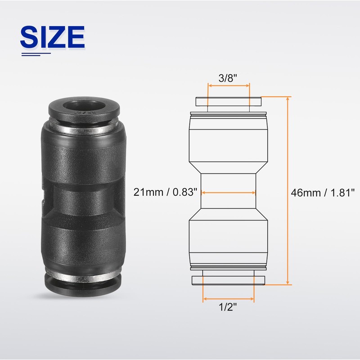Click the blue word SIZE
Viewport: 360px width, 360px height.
pyautogui.click(x=53, y=37)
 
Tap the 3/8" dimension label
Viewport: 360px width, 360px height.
pyautogui.click(x=228, y=78)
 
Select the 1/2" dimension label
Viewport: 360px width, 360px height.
pyautogui.click(x=228, y=307)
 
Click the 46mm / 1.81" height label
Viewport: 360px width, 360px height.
pyautogui.click(x=323, y=193)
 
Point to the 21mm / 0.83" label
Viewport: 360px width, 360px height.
pyautogui.click(x=165, y=192)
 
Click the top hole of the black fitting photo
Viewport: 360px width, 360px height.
pyautogui.click(x=84, y=106)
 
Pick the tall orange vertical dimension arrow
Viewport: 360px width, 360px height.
pyautogui.click(x=288, y=190)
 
